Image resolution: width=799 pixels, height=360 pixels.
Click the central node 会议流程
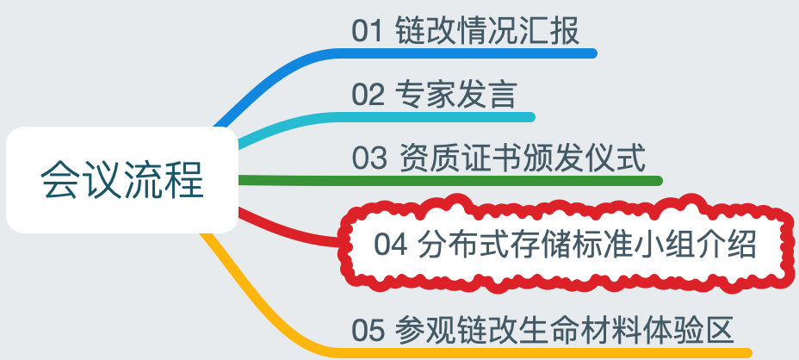(x=121, y=180)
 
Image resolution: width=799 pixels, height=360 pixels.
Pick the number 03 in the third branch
(x=368, y=158)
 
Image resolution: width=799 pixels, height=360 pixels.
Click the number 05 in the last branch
(x=368, y=329)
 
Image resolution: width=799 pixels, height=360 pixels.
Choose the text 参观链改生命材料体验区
(x=564, y=329)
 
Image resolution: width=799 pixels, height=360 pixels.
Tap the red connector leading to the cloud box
(x=284, y=229)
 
